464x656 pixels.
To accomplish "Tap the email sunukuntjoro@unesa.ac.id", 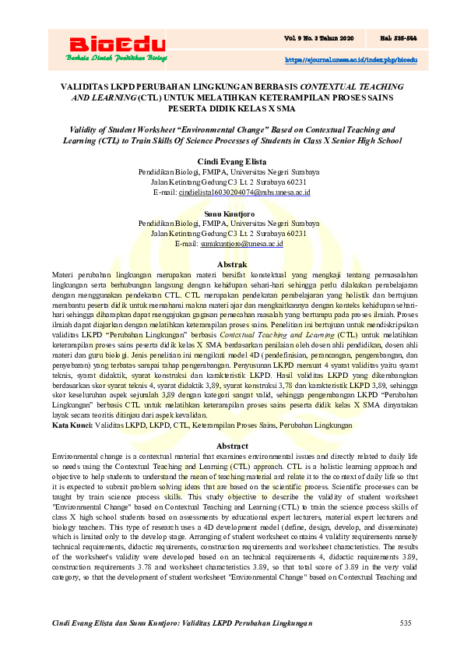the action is coord(241,244).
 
